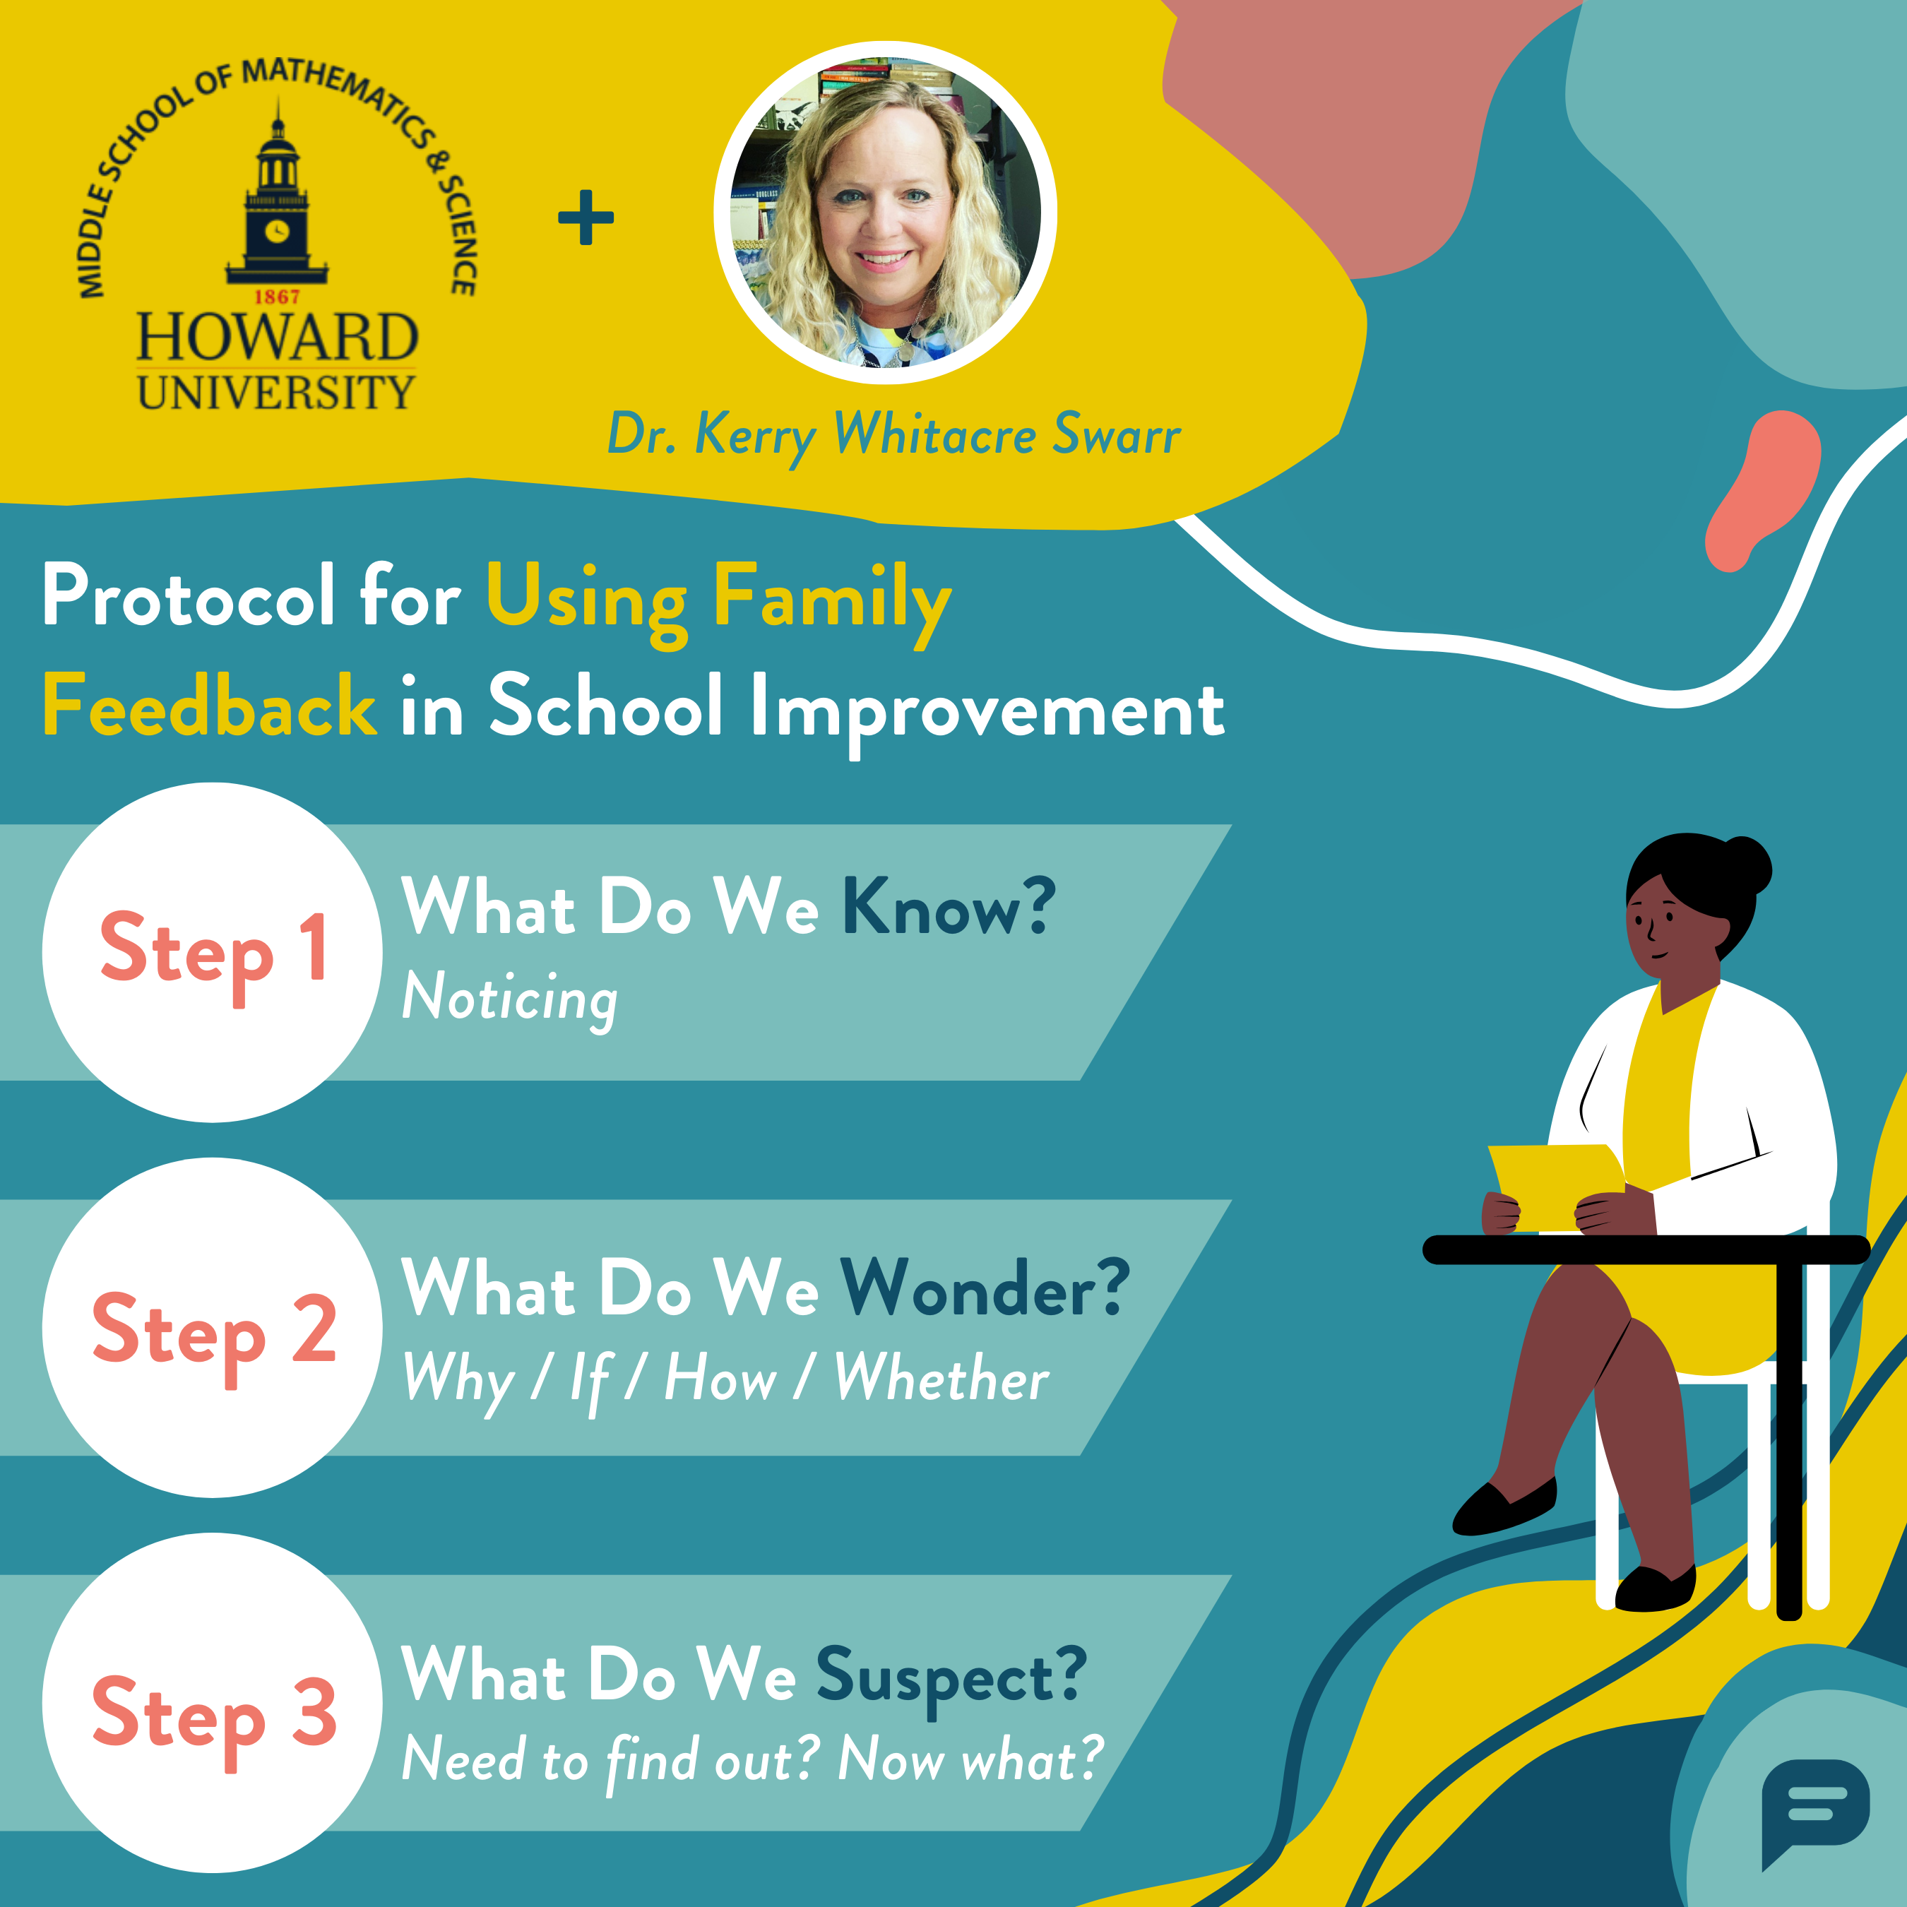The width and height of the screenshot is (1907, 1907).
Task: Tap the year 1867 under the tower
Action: [x=278, y=297]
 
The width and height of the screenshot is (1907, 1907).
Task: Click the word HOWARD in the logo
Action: [x=278, y=338]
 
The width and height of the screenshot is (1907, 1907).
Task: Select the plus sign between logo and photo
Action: [x=586, y=217]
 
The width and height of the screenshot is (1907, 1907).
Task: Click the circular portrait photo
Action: [x=886, y=212]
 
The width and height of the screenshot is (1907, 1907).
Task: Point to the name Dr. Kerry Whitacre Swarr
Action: [x=894, y=435]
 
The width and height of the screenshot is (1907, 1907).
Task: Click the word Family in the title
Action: [x=832, y=599]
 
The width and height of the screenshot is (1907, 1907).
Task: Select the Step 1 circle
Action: [x=212, y=953]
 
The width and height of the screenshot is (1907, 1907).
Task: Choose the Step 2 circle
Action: [x=212, y=1328]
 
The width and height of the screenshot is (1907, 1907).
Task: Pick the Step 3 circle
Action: [x=212, y=1703]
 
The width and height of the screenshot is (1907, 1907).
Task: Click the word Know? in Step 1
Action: [x=949, y=905]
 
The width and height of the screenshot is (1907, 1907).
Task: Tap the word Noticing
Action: [x=509, y=999]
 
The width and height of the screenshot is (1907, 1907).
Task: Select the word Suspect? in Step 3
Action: [x=951, y=1676]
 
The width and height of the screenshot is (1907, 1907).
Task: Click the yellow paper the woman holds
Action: [x=1555, y=1187]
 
